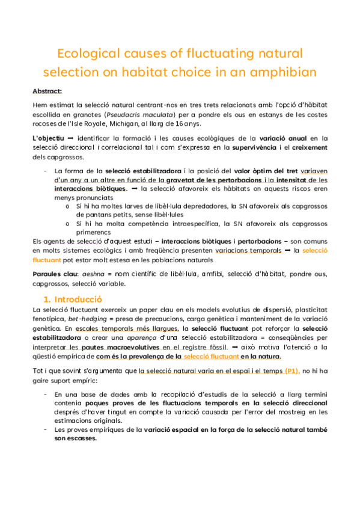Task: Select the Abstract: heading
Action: [47, 91]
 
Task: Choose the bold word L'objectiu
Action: [48, 138]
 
